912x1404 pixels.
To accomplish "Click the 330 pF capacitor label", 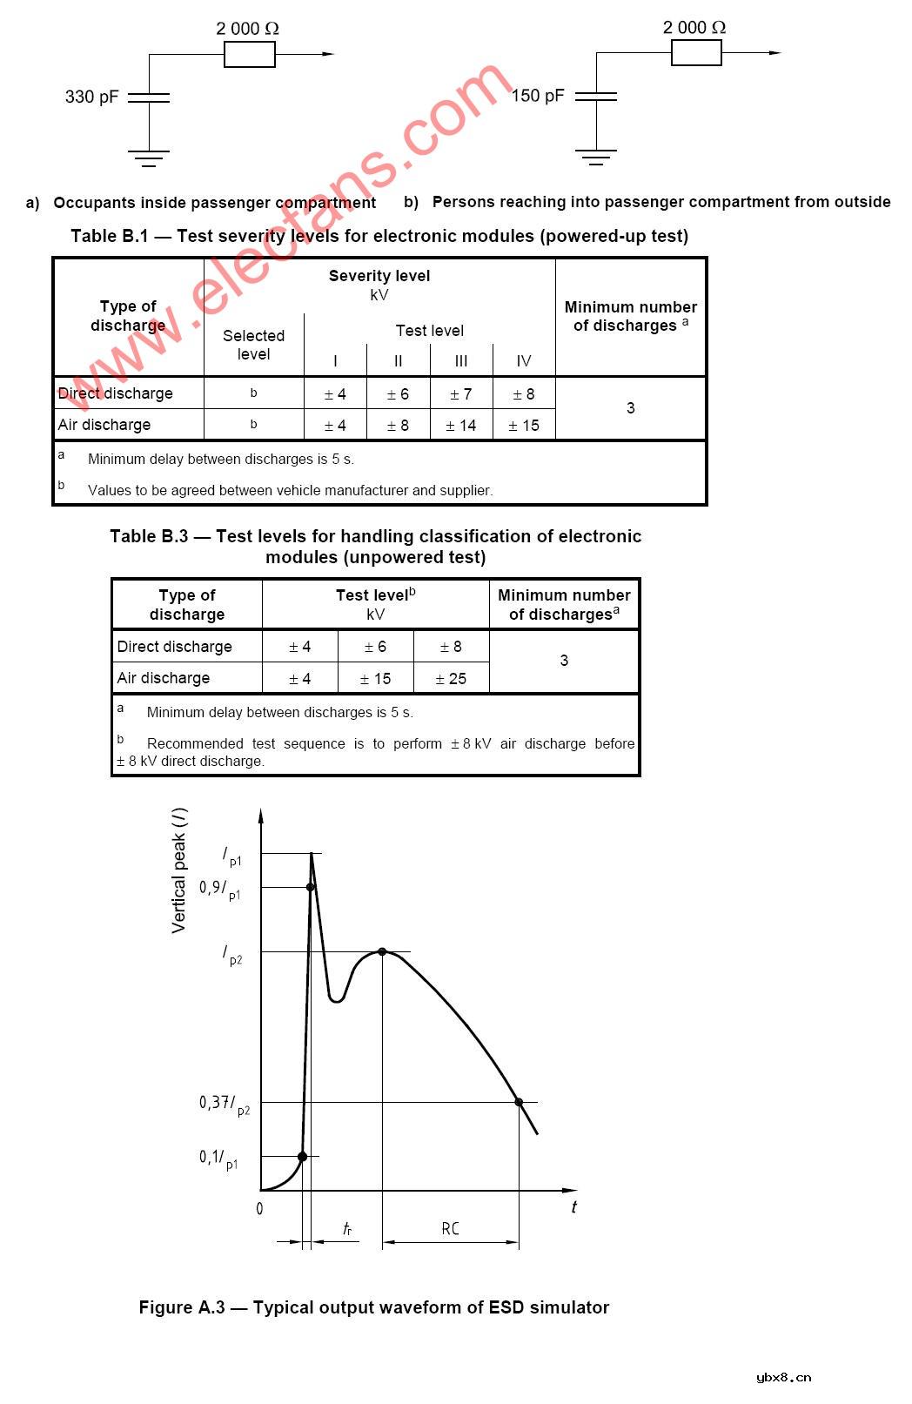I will point(91,97).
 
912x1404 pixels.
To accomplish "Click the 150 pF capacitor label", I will point(538,96).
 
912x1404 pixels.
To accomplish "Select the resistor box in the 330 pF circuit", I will point(250,55).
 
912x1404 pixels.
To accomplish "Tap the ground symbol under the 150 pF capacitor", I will point(596,157).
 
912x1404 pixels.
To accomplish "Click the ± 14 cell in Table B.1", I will point(461,426).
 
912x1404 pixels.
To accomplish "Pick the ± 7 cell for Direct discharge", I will point(461,394).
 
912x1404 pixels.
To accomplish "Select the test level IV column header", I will point(524,361).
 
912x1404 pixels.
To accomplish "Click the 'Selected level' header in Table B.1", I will point(253,345).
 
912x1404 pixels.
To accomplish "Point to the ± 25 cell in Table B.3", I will point(451,679).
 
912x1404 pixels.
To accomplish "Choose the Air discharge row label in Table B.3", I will point(164,678).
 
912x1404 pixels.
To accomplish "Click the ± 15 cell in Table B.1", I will point(524,426).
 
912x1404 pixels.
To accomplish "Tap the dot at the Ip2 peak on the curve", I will point(382,951).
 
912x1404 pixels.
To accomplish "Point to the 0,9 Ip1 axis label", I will point(219,889).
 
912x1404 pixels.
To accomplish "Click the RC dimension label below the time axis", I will point(450,1229).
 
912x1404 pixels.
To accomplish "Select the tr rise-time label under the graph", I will point(347,1229).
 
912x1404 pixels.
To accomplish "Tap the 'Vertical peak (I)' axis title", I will point(179,870).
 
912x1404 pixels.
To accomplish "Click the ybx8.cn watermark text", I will point(783,1377).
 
